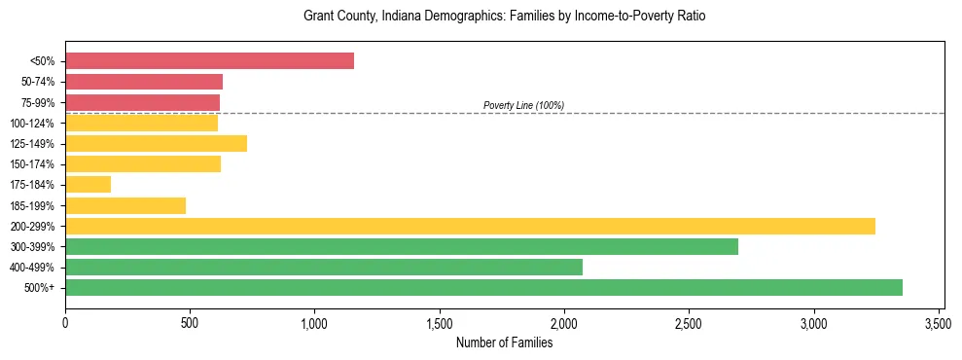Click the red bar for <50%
(x=209, y=60)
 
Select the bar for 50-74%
(x=144, y=82)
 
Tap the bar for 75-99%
(x=142, y=102)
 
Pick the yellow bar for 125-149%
(x=156, y=143)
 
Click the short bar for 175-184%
(x=88, y=184)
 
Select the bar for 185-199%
(x=125, y=205)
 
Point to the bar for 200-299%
(x=470, y=226)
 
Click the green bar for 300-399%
(x=402, y=246)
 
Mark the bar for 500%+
(x=483, y=287)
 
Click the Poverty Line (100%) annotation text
(x=523, y=105)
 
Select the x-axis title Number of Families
(x=504, y=342)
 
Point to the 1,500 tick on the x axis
(x=440, y=323)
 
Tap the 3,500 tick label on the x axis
(x=939, y=323)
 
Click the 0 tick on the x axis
(x=65, y=323)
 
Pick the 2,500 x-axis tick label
(x=689, y=323)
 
